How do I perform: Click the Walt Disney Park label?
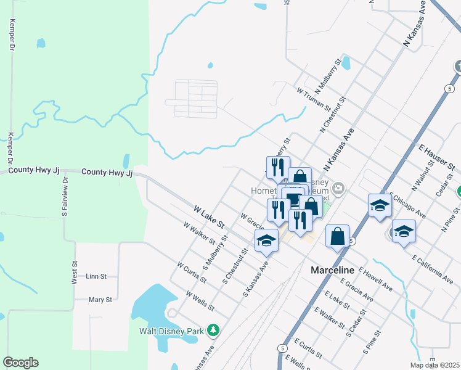point(171,331)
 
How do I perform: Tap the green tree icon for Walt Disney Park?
point(213,331)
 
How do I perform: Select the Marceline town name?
point(332,270)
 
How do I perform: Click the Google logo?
point(20,363)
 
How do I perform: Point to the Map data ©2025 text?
point(434,365)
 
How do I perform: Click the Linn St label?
point(96,276)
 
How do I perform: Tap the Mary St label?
point(100,300)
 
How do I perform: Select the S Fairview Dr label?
point(64,199)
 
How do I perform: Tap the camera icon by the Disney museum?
point(338,188)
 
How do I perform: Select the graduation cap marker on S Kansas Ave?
point(266,240)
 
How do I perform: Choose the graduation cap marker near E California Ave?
point(404,231)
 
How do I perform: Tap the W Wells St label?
point(200,300)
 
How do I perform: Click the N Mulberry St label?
point(328,75)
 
